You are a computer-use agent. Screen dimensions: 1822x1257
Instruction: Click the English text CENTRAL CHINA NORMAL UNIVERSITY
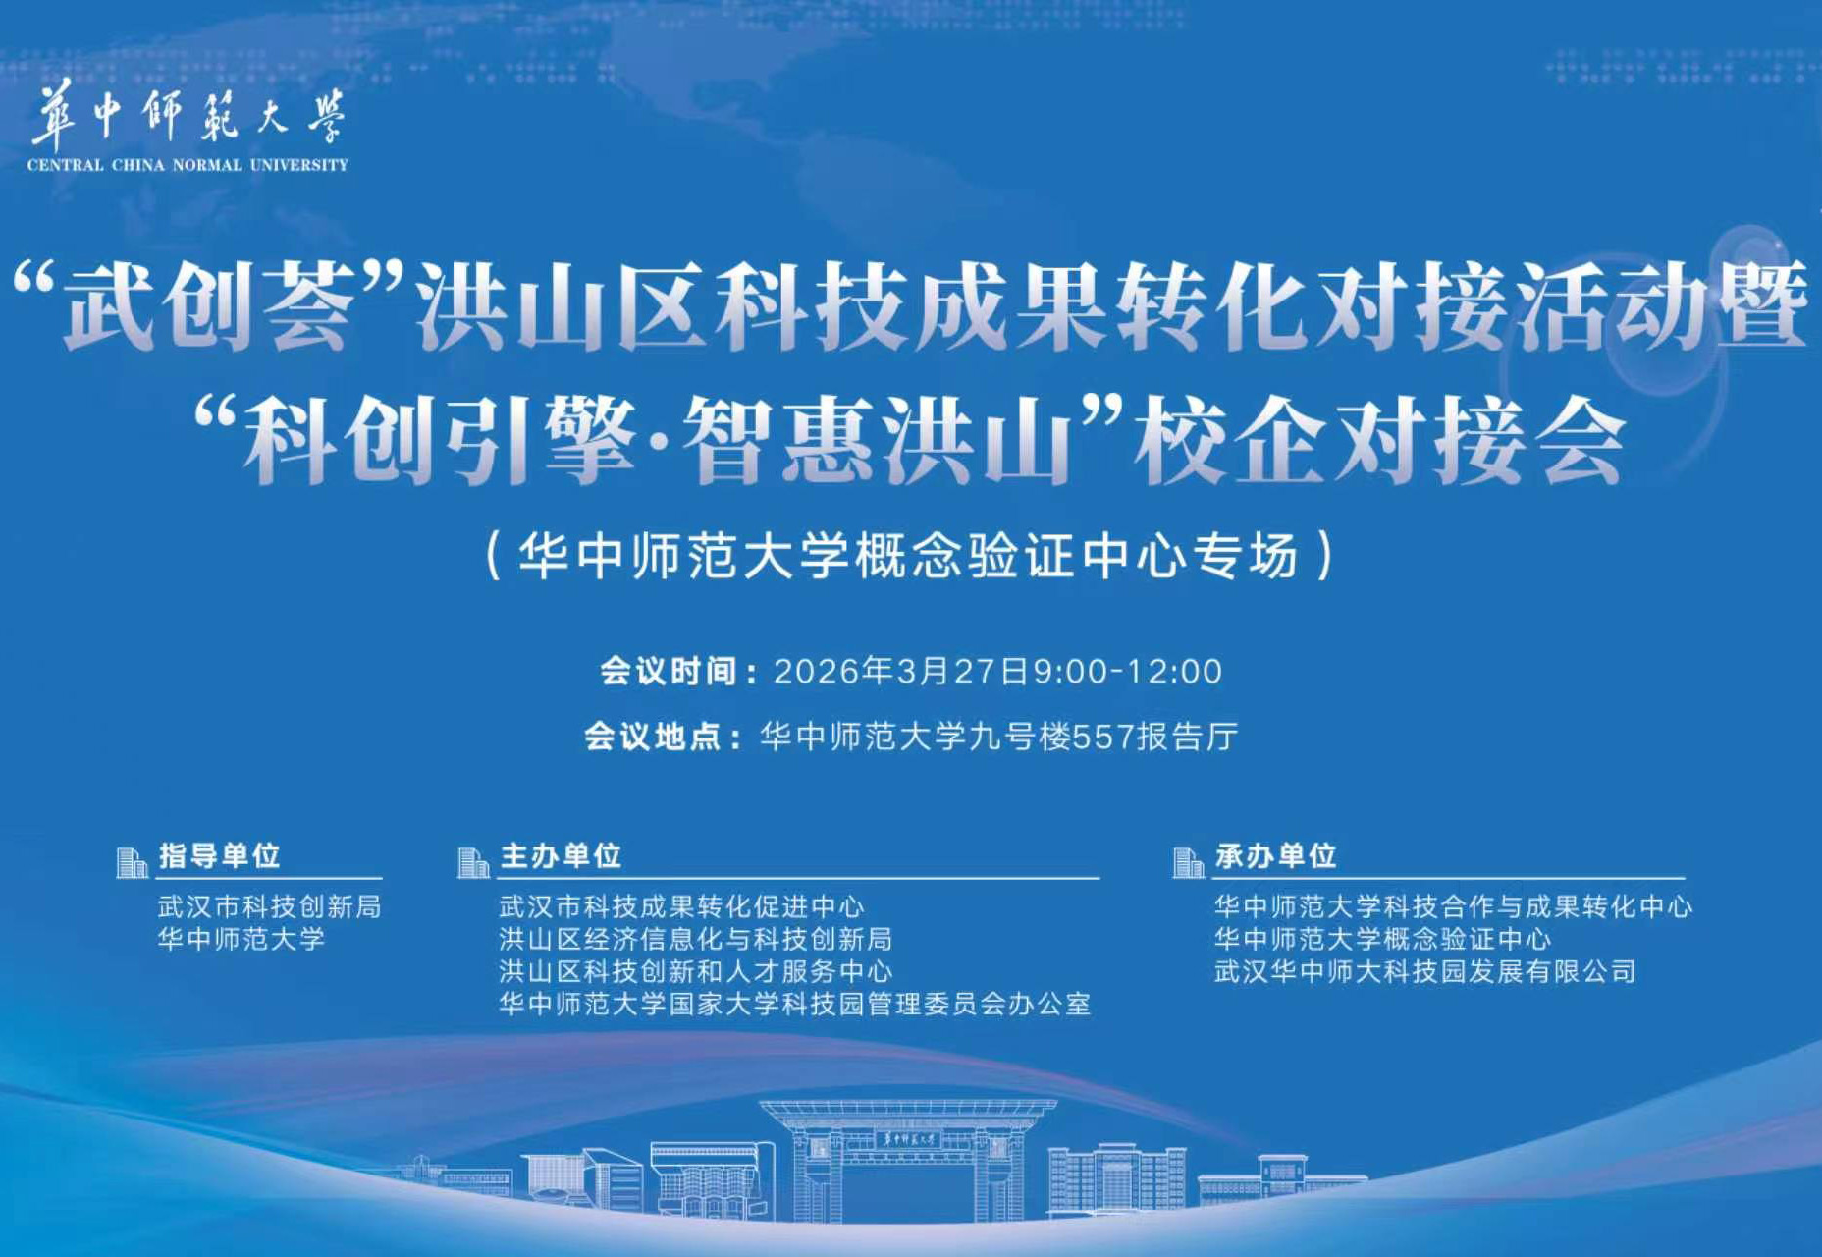click(x=188, y=165)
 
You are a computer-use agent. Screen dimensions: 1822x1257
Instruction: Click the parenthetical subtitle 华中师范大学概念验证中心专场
click(x=909, y=556)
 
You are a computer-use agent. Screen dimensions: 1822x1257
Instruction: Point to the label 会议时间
click(x=669, y=672)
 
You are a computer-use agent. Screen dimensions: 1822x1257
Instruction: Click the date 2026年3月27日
click(x=901, y=672)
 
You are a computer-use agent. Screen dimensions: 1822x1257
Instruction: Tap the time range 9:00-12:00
click(x=1127, y=672)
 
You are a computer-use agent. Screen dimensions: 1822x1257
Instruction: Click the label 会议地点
click(x=653, y=737)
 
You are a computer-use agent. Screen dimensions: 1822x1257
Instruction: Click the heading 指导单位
click(x=220, y=855)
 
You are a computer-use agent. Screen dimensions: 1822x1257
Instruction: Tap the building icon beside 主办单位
click(x=473, y=862)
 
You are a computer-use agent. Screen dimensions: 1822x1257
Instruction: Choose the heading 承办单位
click(x=1275, y=856)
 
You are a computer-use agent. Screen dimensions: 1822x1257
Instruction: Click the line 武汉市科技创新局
click(x=269, y=906)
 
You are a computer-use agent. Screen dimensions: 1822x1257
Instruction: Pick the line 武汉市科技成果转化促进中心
click(x=681, y=906)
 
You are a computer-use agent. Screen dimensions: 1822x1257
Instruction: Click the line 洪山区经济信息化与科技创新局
click(x=695, y=939)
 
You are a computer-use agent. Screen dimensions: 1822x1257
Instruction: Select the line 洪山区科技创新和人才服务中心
click(x=695, y=971)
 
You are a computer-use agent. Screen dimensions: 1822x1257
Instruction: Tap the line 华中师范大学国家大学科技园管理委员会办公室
click(x=794, y=1004)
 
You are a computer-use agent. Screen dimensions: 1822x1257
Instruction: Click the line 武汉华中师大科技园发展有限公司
click(x=1424, y=971)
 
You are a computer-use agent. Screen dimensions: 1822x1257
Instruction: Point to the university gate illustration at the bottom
click(x=907, y=1159)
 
